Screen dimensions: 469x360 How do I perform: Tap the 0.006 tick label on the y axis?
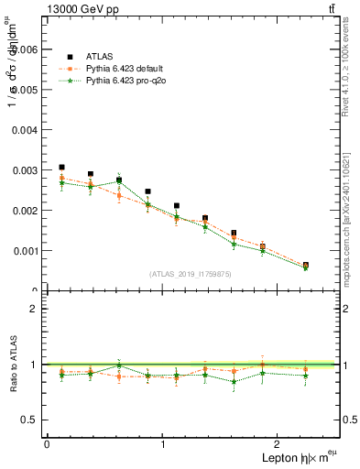click(x=22, y=49)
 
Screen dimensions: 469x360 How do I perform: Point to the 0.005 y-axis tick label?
click(x=22, y=90)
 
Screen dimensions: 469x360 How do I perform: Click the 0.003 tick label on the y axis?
click(x=22, y=170)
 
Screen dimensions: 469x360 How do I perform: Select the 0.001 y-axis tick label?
click(x=22, y=250)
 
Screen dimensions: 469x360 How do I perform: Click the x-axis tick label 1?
click(x=163, y=444)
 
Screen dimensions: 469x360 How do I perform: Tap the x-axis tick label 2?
click(x=279, y=444)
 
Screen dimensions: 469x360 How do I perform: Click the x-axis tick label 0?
click(x=47, y=444)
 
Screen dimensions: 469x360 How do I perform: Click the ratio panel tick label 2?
click(x=34, y=309)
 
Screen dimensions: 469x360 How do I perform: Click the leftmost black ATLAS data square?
click(x=61, y=168)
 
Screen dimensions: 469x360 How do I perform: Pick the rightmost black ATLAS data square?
click(x=305, y=266)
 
